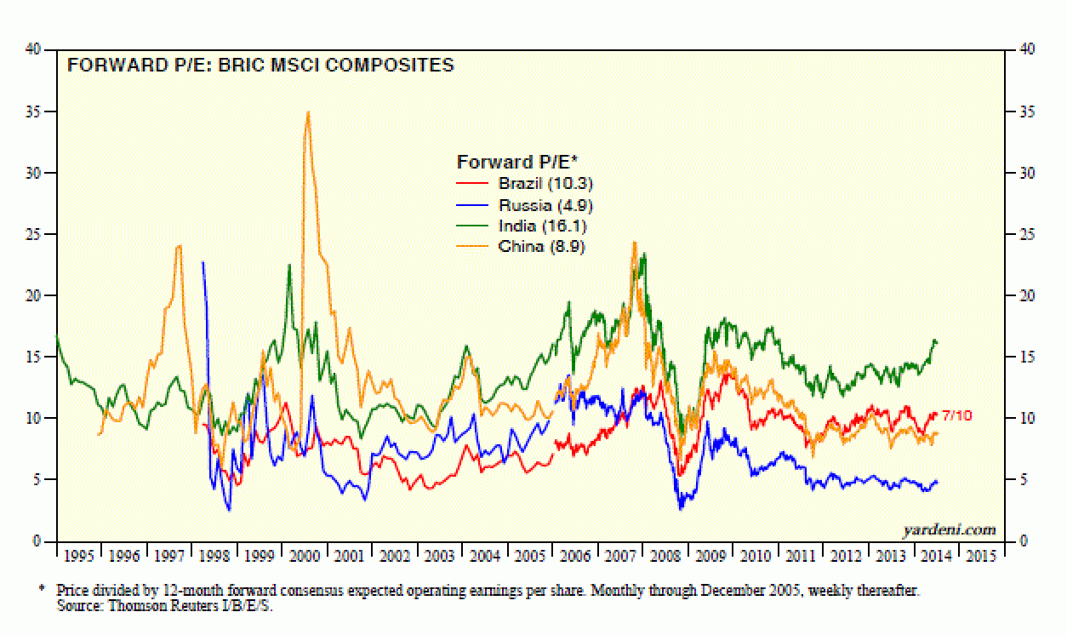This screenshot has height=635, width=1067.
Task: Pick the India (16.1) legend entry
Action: [542, 226]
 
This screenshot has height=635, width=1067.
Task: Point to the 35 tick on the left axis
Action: [37, 112]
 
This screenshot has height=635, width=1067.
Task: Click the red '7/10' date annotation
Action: [956, 415]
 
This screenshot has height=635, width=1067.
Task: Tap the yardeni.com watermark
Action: [950, 529]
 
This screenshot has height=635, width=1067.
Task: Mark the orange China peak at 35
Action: [307, 112]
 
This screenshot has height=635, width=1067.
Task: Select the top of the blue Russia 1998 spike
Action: [203, 262]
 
